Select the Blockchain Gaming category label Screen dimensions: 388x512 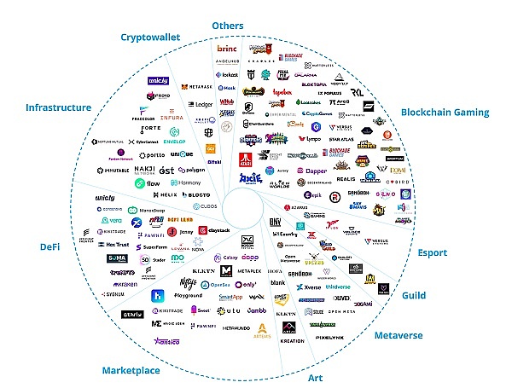click(445, 112)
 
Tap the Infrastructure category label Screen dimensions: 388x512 click(58, 107)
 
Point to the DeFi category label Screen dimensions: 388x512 click(52, 246)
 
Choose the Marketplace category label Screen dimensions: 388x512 click(131, 371)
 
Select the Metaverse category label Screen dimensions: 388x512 click(398, 335)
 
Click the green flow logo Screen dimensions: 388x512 click(148, 183)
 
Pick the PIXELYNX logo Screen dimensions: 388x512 click(329, 338)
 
